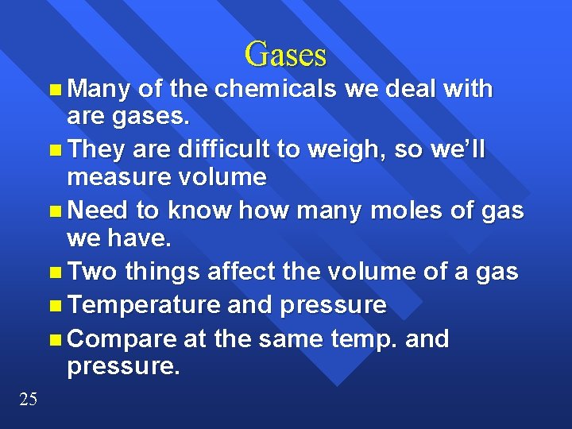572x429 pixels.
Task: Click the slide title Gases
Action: coord(285,54)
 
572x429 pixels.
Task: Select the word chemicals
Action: coord(276,89)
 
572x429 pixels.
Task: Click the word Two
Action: coord(93,272)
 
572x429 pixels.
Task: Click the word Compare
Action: coord(122,339)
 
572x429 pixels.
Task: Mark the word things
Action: coord(162,272)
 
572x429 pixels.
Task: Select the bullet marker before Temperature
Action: coord(53,306)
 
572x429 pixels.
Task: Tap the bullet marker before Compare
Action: coord(53,340)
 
